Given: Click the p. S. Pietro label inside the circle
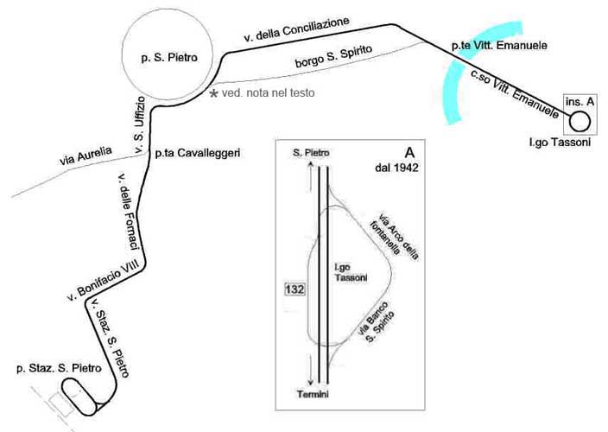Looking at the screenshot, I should (x=170, y=59).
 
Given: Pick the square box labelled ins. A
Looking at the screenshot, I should (x=579, y=102).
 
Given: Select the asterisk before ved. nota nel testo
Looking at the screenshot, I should (x=214, y=92).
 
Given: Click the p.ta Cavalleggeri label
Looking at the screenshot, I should (x=197, y=153).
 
